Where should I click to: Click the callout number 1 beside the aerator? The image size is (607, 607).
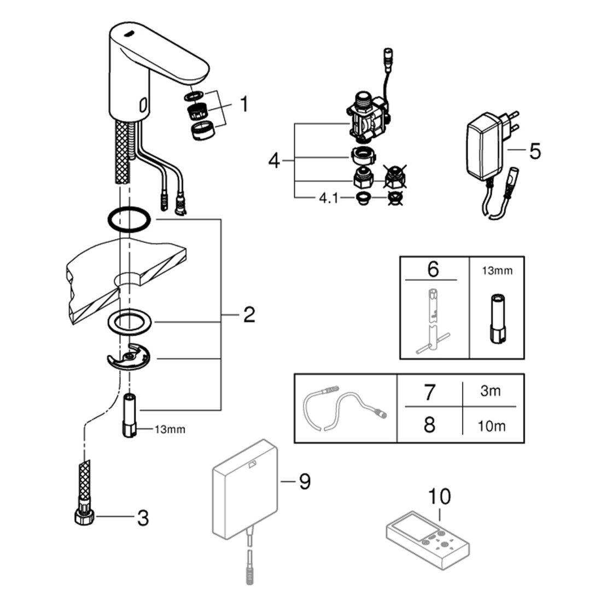click(243, 104)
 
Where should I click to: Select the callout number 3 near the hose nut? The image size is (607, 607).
click(142, 518)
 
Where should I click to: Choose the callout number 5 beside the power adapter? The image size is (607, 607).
click(535, 150)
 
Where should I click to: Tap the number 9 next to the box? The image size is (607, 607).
click(304, 481)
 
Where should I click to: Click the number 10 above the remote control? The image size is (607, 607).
click(440, 497)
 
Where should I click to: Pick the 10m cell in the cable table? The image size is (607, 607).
click(490, 425)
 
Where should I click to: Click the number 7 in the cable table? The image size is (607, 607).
click(429, 392)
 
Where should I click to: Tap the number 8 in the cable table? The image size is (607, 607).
click(429, 425)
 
